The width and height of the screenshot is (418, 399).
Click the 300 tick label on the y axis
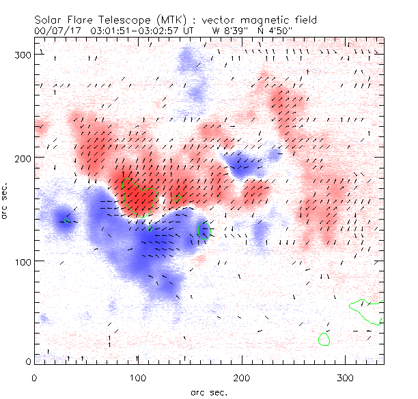pos(21,55)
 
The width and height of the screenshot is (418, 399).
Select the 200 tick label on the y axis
pos(21,158)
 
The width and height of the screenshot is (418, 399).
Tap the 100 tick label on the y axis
pos(21,261)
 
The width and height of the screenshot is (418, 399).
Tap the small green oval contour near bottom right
pos(324,339)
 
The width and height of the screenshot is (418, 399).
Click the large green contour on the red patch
pos(140,199)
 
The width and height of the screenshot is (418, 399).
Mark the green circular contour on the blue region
pos(203,230)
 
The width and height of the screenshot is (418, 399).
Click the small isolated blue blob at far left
pos(65,218)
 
